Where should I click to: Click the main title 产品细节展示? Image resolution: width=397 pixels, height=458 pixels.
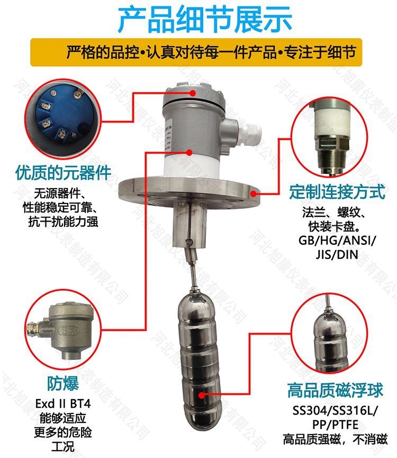click(205, 20)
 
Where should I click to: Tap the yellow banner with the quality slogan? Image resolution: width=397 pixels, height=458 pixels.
click(196, 52)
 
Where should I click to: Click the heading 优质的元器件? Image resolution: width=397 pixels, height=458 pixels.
click(64, 173)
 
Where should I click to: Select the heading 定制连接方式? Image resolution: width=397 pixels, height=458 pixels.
click(338, 192)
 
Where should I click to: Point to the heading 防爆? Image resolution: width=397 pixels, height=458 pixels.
click(63, 383)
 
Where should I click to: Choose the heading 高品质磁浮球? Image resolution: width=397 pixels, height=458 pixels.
click(335, 391)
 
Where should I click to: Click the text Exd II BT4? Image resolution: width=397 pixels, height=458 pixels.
click(63, 404)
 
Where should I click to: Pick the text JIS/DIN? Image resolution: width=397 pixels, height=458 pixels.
click(337, 254)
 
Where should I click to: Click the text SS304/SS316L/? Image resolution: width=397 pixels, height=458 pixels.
click(335, 411)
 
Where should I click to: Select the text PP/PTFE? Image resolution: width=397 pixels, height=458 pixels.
click(335, 425)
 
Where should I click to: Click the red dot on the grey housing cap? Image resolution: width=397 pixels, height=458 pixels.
click(193, 93)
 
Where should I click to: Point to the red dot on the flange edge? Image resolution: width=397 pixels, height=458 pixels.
click(254, 193)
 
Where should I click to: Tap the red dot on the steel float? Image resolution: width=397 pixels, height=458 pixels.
click(202, 395)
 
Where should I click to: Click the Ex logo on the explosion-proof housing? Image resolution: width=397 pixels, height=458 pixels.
click(69, 331)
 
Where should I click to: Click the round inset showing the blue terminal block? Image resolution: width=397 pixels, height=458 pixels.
click(62, 118)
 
